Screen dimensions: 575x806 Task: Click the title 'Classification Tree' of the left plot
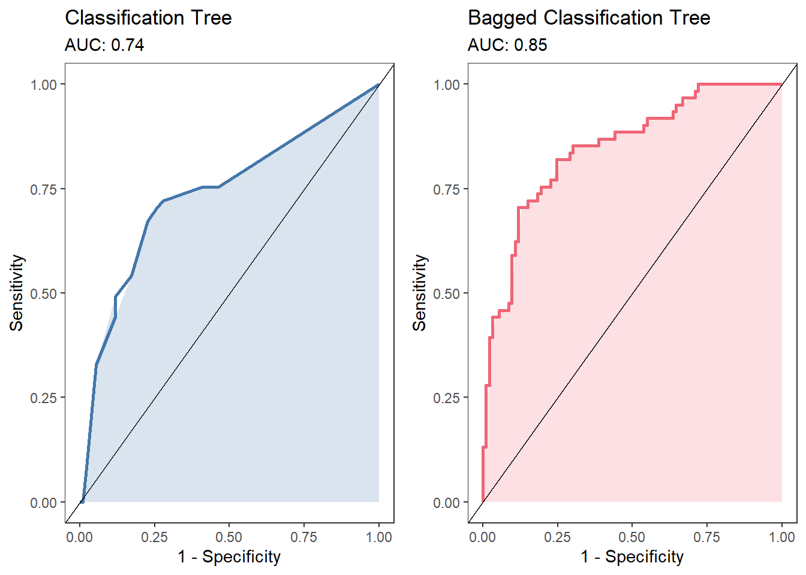point(148,18)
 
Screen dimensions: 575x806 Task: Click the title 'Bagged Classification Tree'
point(588,18)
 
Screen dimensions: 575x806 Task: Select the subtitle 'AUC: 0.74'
point(104,46)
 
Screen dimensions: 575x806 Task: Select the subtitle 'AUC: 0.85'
point(507,46)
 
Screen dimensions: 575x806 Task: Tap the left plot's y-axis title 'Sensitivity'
point(17,293)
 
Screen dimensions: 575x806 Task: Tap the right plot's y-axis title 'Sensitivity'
point(420,293)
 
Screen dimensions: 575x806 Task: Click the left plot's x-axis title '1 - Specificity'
point(229,557)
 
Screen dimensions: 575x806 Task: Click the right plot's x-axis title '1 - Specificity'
point(632,557)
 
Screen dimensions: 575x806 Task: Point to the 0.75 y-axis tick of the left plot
point(44,189)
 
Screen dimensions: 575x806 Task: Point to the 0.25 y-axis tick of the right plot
point(447,398)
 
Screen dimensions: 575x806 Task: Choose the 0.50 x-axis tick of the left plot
point(229,537)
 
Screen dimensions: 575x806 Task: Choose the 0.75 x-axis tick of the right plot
point(707,537)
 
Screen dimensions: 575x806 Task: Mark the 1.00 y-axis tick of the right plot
point(447,84)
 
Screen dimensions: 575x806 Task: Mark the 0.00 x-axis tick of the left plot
point(80,537)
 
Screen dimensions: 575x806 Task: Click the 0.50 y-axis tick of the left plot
point(44,293)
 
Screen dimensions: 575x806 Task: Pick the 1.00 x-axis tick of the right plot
point(782,537)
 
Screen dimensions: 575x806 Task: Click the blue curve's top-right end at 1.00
point(378,84)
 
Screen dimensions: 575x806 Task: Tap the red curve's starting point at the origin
point(483,501)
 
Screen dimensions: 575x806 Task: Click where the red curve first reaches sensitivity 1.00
point(699,84)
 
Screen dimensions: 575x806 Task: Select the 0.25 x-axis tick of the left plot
point(154,537)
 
